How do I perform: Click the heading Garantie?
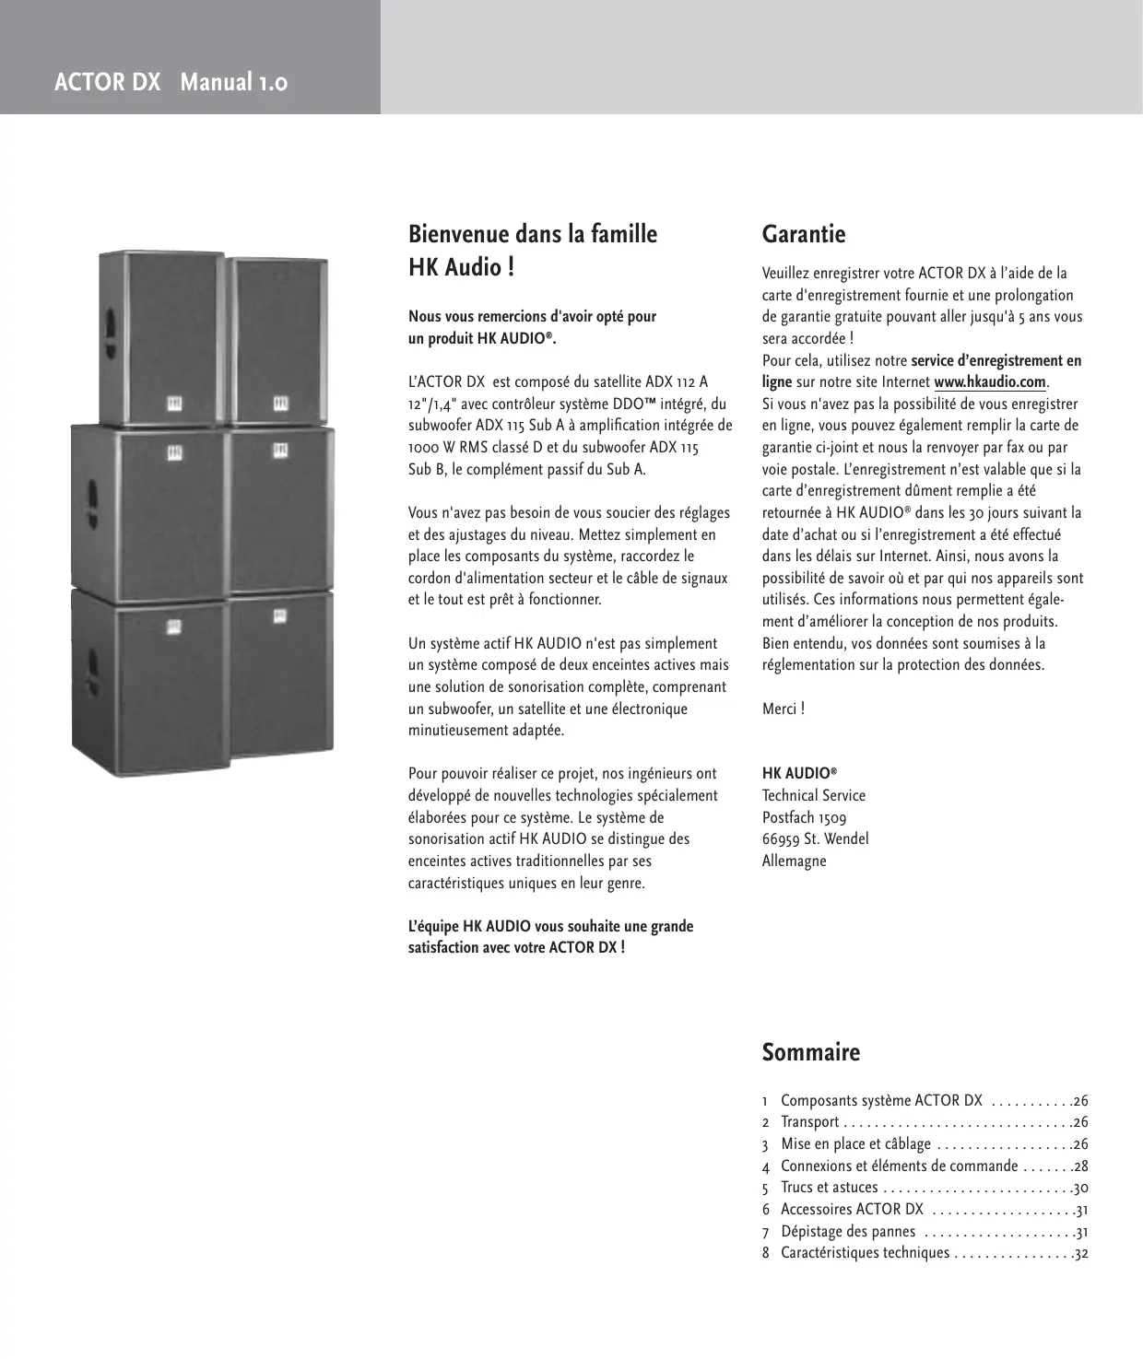click(x=803, y=235)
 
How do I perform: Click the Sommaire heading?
click(x=810, y=1052)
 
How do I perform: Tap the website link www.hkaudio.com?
click(x=990, y=382)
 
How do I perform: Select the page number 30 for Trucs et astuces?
click(x=1080, y=1189)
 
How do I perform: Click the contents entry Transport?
click(x=809, y=1122)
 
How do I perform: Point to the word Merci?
click(x=780, y=709)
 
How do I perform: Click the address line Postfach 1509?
click(x=804, y=817)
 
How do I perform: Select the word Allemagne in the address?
click(x=794, y=861)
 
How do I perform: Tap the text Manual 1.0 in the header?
click(x=234, y=83)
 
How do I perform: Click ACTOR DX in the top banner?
click(x=107, y=83)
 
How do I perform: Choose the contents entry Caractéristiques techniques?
click(x=865, y=1253)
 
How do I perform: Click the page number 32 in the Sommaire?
click(x=1080, y=1254)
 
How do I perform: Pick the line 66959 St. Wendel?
click(x=815, y=839)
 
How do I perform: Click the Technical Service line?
click(x=813, y=796)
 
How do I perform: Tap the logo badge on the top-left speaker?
click(x=173, y=403)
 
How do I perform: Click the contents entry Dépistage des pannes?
click(x=848, y=1232)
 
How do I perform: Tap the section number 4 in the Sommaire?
click(x=765, y=1167)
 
